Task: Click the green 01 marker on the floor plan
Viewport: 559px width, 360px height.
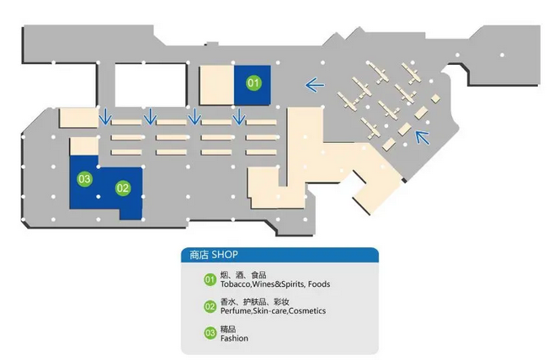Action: click(253, 83)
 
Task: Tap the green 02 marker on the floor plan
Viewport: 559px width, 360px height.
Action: click(123, 188)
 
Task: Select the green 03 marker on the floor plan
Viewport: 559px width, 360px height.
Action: click(84, 178)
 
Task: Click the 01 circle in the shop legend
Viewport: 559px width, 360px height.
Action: click(210, 279)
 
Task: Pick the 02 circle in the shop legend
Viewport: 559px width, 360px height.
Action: click(210, 306)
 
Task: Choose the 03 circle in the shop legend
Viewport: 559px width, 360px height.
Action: click(210, 334)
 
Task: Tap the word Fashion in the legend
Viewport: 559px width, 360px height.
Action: click(234, 339)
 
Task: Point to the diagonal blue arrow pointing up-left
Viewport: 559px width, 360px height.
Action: click(423, 136)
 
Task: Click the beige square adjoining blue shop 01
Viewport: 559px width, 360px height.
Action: click(216, 85)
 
